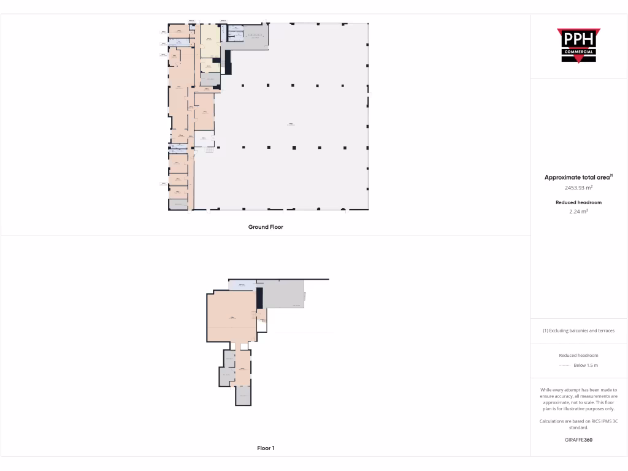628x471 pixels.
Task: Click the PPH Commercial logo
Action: click(578, 45)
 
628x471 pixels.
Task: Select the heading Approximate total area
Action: click(578, 177)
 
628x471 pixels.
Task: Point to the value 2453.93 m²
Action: click(578, 188)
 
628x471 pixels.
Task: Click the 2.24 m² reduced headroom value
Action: click(578, 212)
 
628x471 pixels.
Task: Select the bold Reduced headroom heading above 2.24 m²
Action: click(578, 202)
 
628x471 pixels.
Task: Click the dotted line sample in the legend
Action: click(565, 366)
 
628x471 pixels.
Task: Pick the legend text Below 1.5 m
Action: click(586, 366)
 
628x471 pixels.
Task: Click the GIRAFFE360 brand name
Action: click(578, 440)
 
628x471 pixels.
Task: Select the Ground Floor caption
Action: click(266, 227)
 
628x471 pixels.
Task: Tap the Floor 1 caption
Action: click(266, 448)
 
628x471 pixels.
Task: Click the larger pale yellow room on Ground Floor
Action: click(210, 40)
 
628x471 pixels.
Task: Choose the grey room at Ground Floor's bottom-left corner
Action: click(178, 205)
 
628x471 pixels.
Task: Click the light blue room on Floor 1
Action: click(242, 285)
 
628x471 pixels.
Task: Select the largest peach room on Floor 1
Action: click(231, 316)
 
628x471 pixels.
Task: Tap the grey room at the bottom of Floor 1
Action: click(243, 396)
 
